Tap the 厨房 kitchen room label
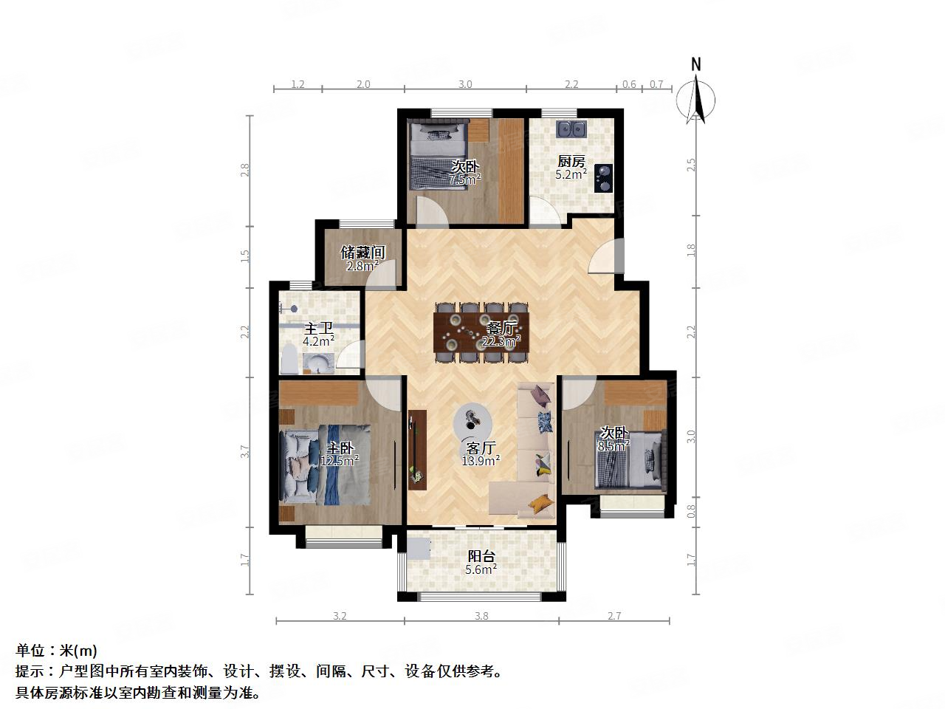(x=571, y=162)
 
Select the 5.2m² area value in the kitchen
(x=571, y=175)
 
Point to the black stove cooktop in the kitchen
(x=604, y=177)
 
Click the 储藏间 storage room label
(x=362, y=253)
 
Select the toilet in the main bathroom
(x=289, y=362)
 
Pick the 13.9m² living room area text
(x=480, y=460)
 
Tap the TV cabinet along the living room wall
(x=417, y=449)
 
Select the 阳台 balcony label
(x=481, y=556)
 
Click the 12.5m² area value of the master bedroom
(x=339, y=461)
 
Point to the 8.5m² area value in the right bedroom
(x=613, y=446)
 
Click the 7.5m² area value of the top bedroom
(x=465, y=179)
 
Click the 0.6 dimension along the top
(x=628, y=84)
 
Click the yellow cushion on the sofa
(x=541, y=504)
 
